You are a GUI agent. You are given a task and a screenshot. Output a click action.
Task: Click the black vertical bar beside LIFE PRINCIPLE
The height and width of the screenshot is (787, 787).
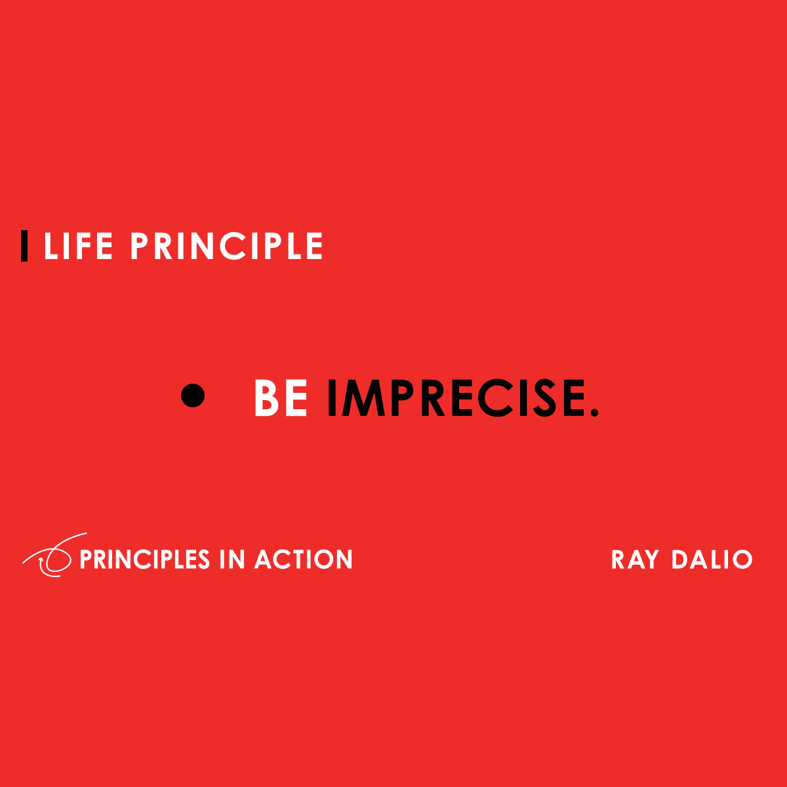pyautogui.click(x=24, y=246)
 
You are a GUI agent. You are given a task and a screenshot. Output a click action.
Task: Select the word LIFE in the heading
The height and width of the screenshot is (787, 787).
pyautogui.click(x=78, y=247)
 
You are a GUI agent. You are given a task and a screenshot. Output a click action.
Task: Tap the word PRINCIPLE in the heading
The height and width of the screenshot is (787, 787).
pyautogui.click(x=227, y=247)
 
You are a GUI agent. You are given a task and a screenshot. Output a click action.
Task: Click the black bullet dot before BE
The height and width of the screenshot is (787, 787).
pyautogui.click(x=193, y=395)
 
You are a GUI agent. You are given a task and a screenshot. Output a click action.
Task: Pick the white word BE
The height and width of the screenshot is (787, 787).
pyautogui.click(x=281, y=397)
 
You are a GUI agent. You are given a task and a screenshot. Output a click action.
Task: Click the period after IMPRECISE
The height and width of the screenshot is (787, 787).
pyautogui.click(x=594, y=412)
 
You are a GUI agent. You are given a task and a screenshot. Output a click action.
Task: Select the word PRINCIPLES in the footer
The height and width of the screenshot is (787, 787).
pyautogui.click(x=144, y=559)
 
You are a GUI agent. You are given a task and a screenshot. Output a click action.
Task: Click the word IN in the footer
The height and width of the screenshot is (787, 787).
pyautogui.click(x=232, y=559)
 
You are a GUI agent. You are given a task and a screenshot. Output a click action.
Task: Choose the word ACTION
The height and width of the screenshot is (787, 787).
pyautogui.click(x=304, y=559)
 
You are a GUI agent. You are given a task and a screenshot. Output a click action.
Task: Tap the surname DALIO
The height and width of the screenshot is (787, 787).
pyautogui.click(x=712, y=560)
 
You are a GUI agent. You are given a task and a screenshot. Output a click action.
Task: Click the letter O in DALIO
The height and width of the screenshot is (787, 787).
pyautogui.click(x=742, y=560)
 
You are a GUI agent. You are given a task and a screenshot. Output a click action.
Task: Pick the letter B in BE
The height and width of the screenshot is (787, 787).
pyautogui.click(x=267, y=397)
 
